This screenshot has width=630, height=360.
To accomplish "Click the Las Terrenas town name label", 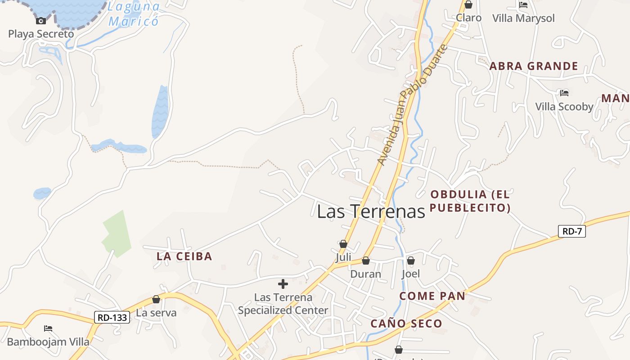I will tap(371, 211).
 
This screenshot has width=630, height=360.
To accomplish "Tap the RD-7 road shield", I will tap(571, 232).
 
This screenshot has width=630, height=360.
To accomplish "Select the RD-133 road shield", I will tap(112, 317).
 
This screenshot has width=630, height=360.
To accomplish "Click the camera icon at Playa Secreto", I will tap(41, 21).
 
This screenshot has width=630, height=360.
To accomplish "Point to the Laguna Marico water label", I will tap(134, 14).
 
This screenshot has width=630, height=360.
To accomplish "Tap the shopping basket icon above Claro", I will tap(468, 5).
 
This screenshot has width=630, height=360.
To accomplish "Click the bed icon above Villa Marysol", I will tap(523, 5).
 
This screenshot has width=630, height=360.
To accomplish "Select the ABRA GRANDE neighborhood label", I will tap(533, 66).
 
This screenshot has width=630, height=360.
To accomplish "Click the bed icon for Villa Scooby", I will tap(564, 93).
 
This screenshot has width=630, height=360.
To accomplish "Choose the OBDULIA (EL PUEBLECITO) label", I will tap(470, 201).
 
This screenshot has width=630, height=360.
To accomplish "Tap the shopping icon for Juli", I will tap(343, 244).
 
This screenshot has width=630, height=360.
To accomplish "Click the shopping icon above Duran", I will tap(366, 261).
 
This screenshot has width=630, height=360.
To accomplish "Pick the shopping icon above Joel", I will tap(410, 261).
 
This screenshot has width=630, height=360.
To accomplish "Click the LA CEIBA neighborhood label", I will tap(184, 256).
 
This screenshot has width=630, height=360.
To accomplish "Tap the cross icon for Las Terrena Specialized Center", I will tap(283, 284).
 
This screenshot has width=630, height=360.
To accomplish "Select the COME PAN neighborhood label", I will tap(432, 296).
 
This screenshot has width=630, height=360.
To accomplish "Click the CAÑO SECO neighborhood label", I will tap(406, 324).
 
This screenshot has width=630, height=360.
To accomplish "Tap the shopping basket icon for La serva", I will tap(156, 299).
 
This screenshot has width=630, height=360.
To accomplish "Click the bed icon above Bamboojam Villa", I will tap(48, 328).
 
